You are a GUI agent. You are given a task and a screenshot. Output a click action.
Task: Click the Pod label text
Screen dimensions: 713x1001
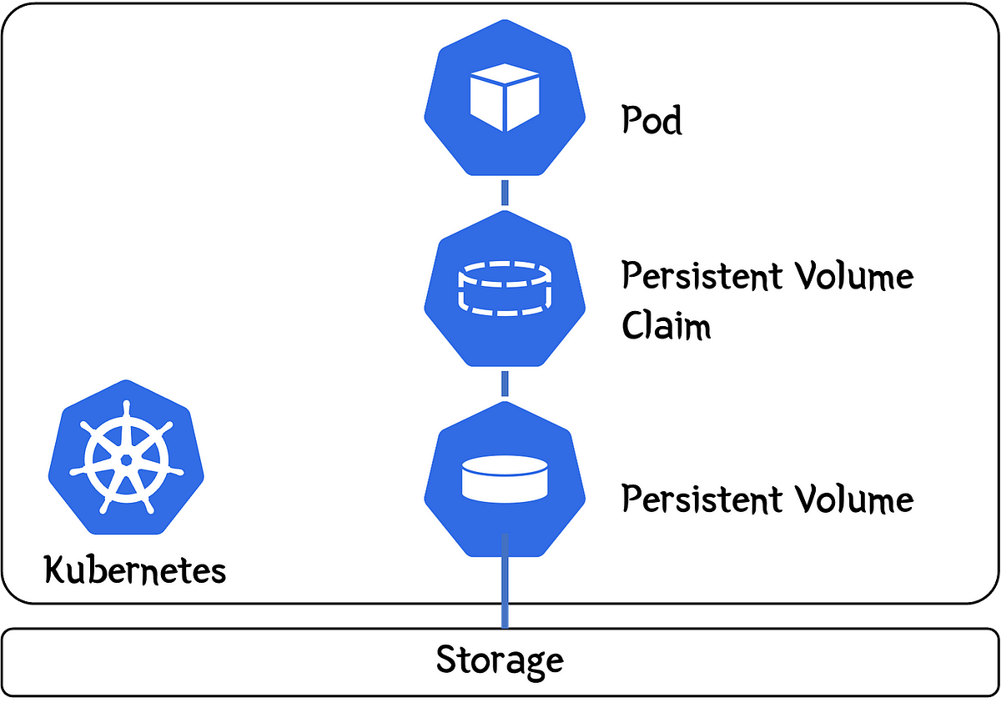[x=651, y=121]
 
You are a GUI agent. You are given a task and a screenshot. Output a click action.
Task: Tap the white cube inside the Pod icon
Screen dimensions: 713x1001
[x=505, y=100]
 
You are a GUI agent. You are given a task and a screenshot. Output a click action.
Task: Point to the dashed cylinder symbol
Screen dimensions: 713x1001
[x=505, y=288]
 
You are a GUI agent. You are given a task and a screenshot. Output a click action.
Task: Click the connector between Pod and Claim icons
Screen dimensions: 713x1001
[x=505, y=192]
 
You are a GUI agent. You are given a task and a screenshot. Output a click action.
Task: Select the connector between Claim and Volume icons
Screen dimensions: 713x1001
[x=505, y=384]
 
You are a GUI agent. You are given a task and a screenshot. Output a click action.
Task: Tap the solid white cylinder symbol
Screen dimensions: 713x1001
[x=505, y=480]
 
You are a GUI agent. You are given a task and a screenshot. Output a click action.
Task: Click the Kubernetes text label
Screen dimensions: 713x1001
[x=134, y=571]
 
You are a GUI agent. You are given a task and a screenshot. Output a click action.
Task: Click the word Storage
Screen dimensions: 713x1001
[x=500, y=660]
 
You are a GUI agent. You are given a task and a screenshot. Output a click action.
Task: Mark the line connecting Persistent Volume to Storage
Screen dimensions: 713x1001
[x=505, y=584]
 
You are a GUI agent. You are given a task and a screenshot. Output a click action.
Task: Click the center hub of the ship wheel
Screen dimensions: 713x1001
[x=126, y=459]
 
